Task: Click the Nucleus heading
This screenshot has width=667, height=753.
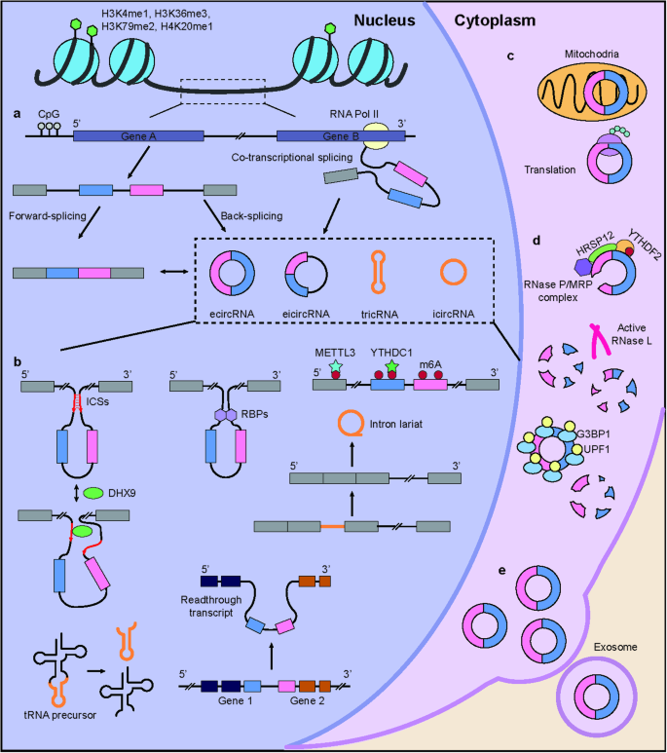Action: tap(376, 19)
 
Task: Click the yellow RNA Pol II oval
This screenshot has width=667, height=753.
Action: tap(376, 144)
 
